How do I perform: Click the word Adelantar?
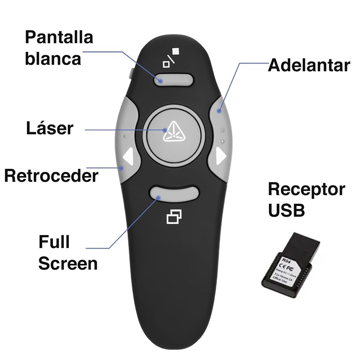point(309,66)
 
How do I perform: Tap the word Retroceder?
point(51,176)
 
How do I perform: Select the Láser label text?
point(49,129)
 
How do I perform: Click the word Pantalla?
point(59,37)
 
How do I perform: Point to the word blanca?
point(53,58)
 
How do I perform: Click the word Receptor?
point(306,189)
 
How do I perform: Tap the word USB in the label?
point(286,211)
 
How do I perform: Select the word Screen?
point(68,264)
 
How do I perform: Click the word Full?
point(54,242)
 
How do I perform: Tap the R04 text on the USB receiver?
point(285,260)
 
